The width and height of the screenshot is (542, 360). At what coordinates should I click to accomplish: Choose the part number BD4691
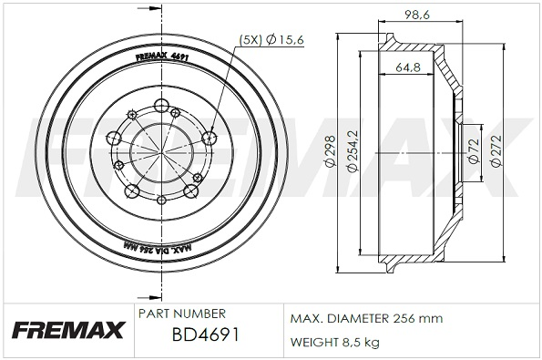click(205, 335)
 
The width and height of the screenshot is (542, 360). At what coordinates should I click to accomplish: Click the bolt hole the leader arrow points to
click(208, 139)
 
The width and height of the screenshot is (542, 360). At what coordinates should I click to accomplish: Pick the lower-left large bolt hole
click(132, 190)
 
